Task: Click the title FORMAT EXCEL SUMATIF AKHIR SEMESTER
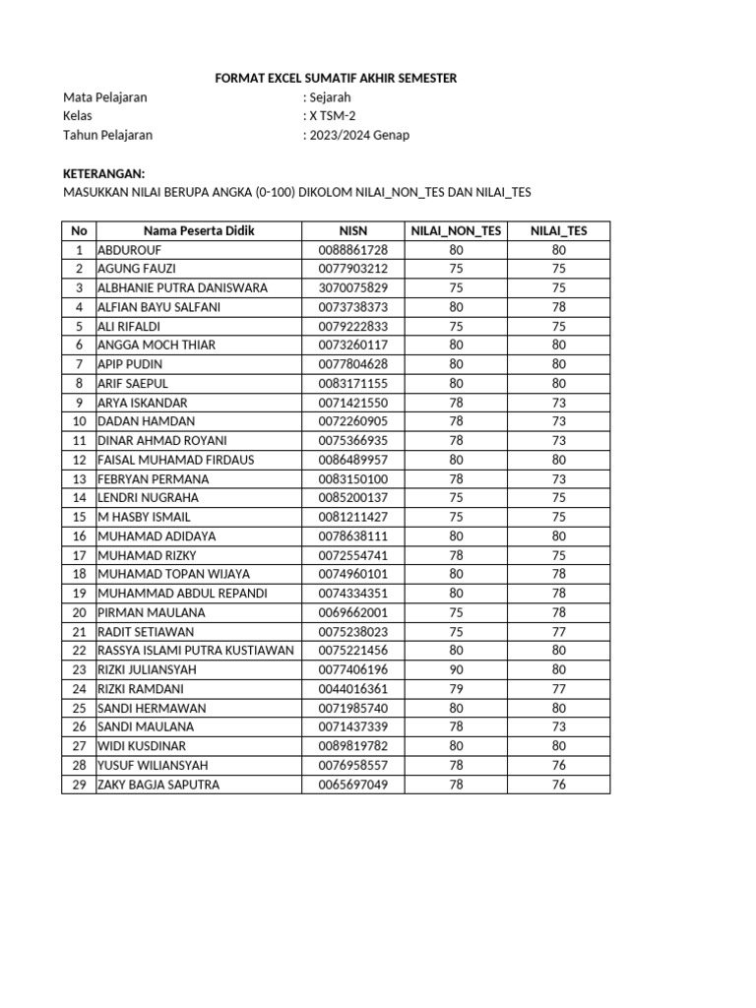coord(336,78)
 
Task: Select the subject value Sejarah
coord(330,97)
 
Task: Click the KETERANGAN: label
coord(103,173)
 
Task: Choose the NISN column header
coord(352,231)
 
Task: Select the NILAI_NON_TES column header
coord(456,231)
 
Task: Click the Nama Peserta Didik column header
coord(199,231)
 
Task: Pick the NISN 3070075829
coord(352,288)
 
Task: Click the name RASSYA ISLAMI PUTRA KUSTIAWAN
coord(196,651)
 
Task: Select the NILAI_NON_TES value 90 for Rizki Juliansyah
coord(456,669)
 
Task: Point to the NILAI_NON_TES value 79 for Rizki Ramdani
coord(456,689)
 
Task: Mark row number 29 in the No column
coord(80,785)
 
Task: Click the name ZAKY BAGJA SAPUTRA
coord(158,785)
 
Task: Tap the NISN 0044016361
coord(352,689)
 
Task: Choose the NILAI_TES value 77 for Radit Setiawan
coord(558,632)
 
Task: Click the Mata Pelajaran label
coord(105,97)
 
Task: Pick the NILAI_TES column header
coord(558,231)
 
